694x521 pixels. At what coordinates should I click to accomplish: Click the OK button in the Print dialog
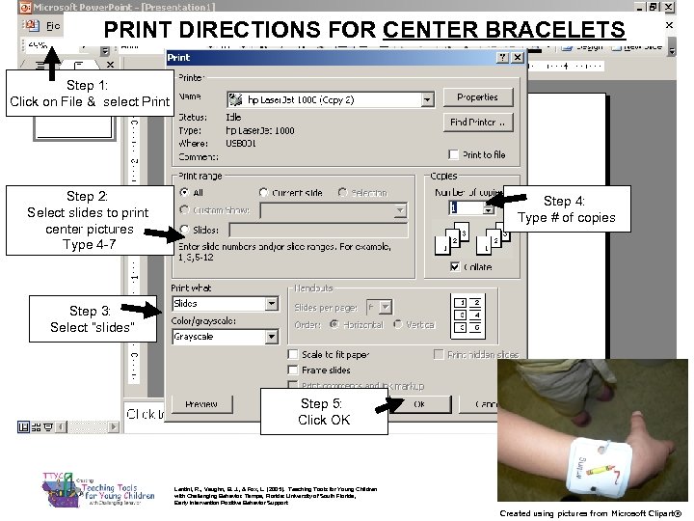tap(419, 404)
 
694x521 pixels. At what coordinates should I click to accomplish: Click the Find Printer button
tap(477, 123)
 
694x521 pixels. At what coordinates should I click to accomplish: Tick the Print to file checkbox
tap(454, 154)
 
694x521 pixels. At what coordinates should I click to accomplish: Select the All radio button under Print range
tap(184, 193)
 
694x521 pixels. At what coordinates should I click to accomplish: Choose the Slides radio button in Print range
tap(184, 230)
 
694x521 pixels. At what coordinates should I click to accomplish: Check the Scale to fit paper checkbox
tap(293, 354)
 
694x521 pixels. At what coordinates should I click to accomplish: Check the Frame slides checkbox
tap(293, 370)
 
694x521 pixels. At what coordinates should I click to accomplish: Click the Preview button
tap(200, 404)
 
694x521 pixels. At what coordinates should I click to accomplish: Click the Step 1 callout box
tap(90, 94)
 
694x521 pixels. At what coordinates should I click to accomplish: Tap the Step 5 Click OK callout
tap(324, 412)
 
